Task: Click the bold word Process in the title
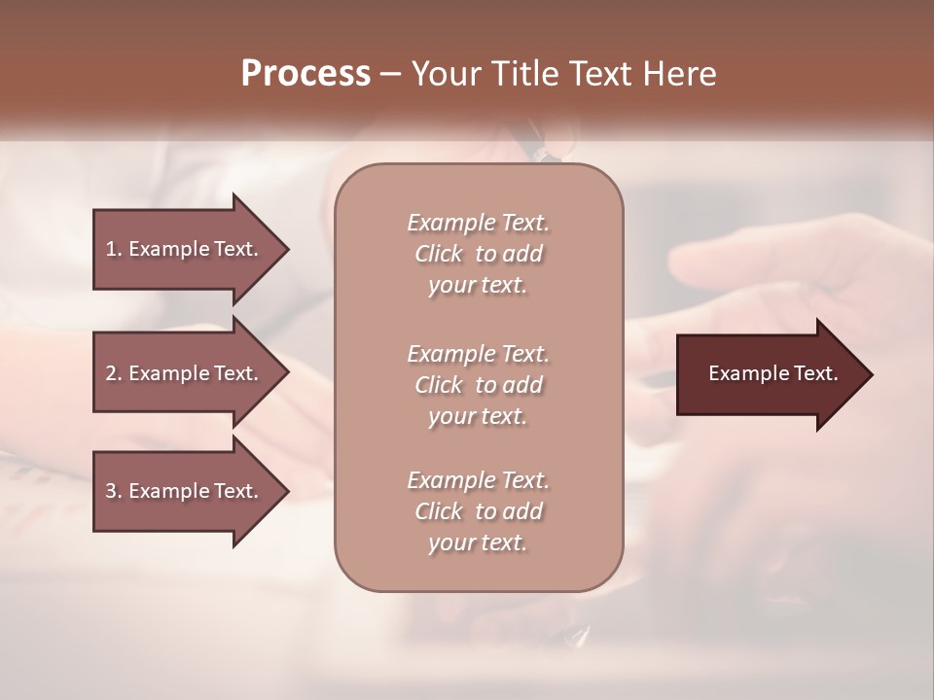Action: pos(305,74)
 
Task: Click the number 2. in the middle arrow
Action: pos(114,373)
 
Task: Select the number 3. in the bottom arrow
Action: pos(114,491)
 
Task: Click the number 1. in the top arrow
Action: pos(114,249)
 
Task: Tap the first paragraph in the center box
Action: pos(478,254)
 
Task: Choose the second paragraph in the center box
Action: pos(478,385)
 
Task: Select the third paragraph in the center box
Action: pos(478,511)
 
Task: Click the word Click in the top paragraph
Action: pos(438,254)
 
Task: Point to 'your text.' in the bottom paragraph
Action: pos(478,543)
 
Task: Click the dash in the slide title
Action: pos(391,74)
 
